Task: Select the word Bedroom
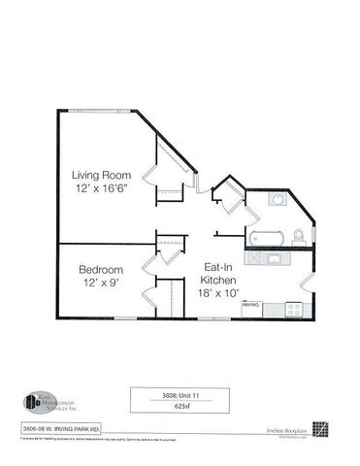pos(101,269)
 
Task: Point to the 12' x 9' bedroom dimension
pos(101,283)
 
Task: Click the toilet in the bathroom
pos(299,234)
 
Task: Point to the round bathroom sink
pos(278,200)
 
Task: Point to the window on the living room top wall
pos(93,111)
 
